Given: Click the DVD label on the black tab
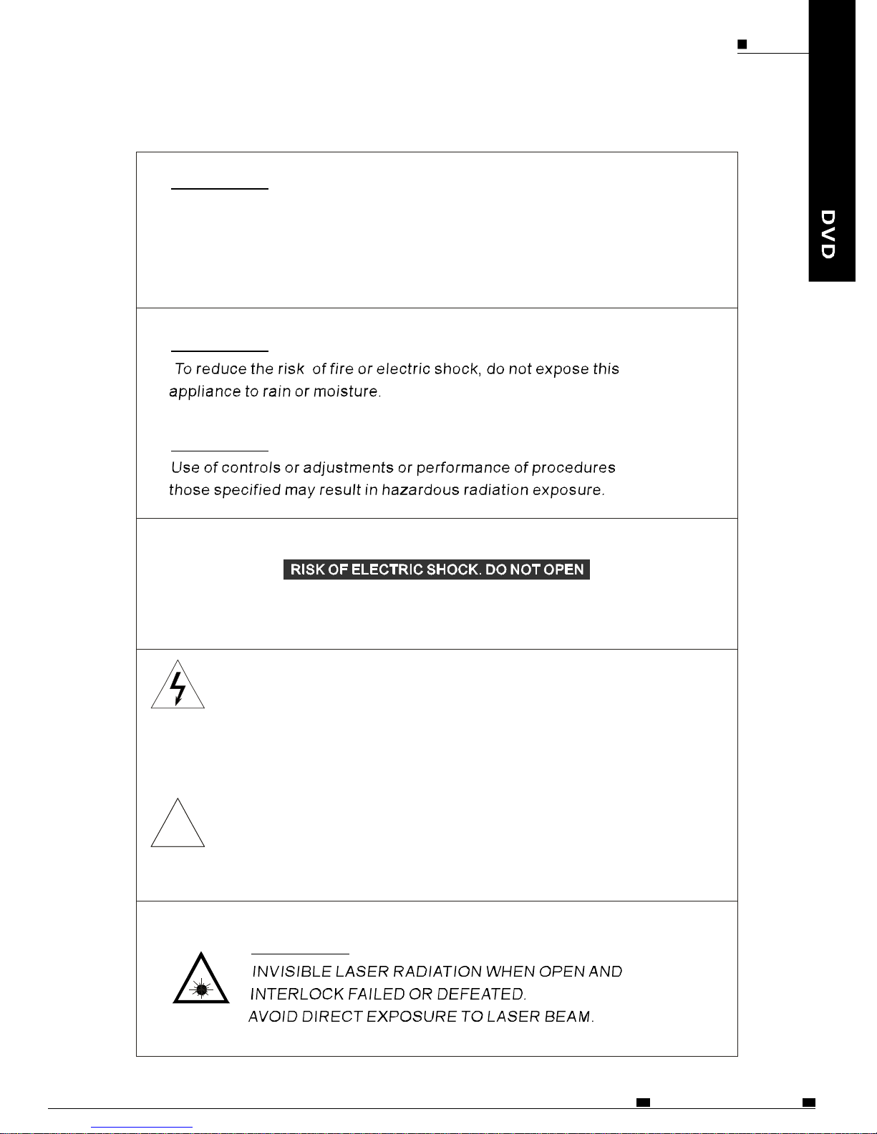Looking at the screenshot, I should [828, 234].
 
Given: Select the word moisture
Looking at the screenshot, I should [347, 391].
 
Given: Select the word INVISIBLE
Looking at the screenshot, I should [291, 972].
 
